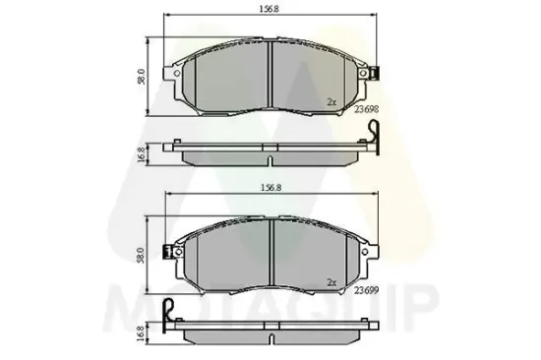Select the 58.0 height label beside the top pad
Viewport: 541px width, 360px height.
(143, 76)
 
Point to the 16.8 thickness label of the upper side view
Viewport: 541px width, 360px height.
(143, 153)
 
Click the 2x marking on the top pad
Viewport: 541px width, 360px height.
(332, 102)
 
